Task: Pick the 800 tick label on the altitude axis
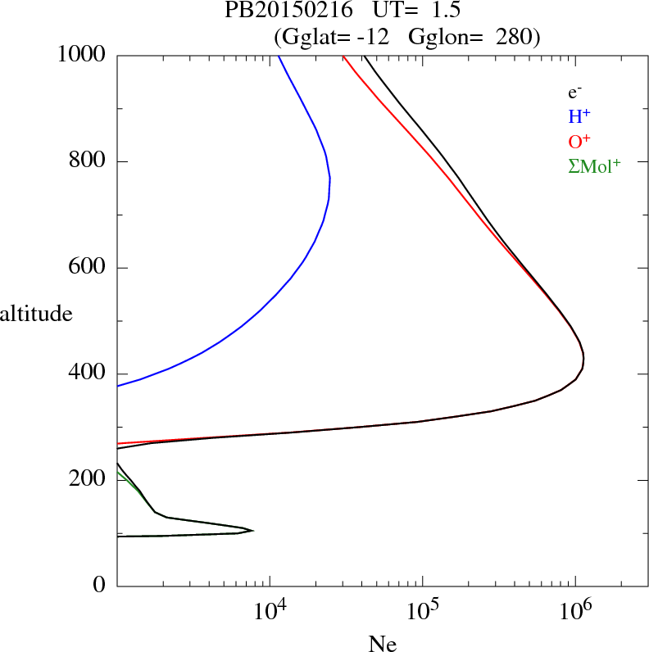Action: pyautogui.click(x=89, y=161)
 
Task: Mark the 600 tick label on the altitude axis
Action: pyautogui.click(x=89, y=268)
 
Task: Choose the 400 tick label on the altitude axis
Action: pyautogui.click(x=89, y=374)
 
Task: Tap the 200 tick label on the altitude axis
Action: pyautogui.click(x=89, y=480)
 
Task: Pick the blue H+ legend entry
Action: pyautogui.click(x=579, y=116)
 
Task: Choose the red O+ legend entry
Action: pyautogui.click(x=579, y=141)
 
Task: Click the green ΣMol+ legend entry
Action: pyautogui.click(x=594, y=165)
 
